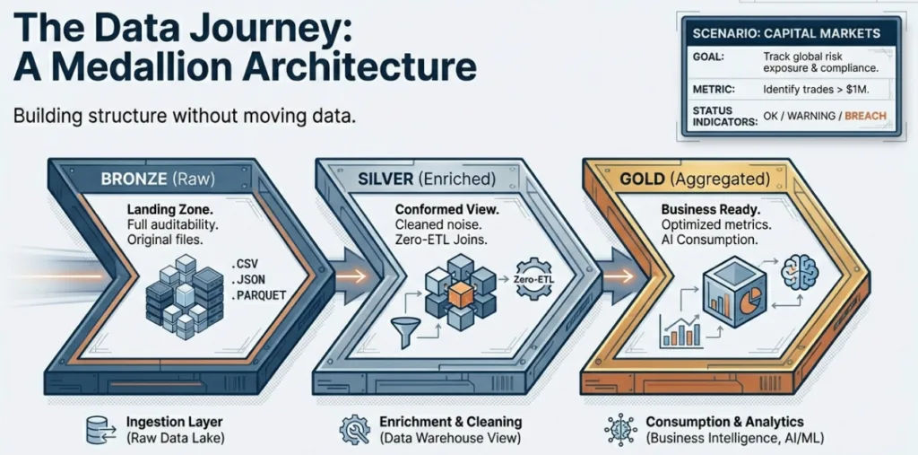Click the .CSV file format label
246,265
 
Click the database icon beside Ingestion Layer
97,430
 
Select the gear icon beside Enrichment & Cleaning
351,430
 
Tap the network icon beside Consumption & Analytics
620,430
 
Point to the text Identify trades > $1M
817,89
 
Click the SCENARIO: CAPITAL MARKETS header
786,33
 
